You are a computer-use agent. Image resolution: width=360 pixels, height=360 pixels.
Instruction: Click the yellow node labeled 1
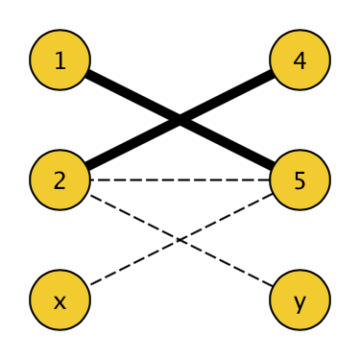[60, 60]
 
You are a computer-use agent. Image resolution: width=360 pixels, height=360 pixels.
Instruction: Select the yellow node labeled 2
[60, 180]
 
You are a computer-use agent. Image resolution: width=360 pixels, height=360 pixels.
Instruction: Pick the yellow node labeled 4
[300, 60]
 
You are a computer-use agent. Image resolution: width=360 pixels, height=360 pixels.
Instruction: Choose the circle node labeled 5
[300, 180]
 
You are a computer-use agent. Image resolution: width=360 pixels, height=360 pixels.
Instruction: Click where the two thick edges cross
[180, 120]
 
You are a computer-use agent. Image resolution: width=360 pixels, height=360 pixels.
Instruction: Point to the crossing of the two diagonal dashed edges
[180, 240]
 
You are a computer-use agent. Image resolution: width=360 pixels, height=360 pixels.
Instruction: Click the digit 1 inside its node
[60, 60]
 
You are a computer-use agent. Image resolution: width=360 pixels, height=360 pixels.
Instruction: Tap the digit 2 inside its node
[60, 180]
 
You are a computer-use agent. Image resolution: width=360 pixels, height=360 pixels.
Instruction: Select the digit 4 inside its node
[300, 60]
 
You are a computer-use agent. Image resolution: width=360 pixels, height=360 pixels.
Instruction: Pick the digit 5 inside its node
[300, 180]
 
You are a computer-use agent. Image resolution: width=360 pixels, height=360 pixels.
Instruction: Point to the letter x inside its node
[60, 300]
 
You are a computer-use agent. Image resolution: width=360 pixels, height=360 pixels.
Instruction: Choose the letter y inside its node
[300, 301]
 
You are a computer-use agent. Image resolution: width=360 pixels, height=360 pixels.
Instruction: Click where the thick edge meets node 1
[87, 74]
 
